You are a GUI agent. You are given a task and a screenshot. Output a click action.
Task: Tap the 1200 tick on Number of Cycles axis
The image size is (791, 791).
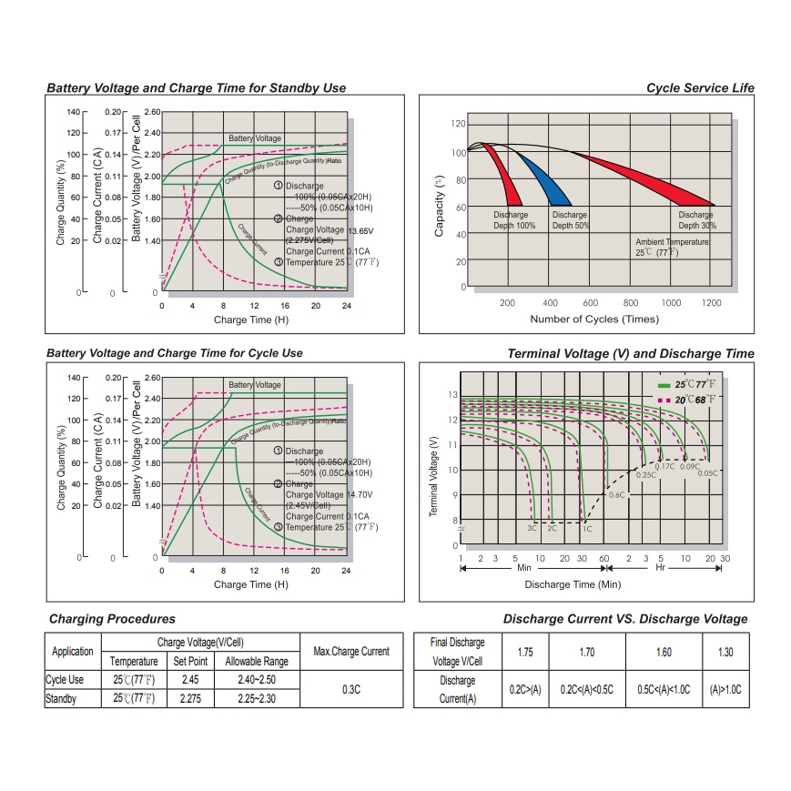tap(711, 303)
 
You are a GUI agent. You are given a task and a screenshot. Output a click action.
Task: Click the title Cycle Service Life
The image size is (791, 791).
tap(700, 88)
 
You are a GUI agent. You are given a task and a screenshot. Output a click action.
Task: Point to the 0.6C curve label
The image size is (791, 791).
tap(616, 494)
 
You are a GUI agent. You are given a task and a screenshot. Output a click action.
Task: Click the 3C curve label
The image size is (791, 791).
tap(532, 528)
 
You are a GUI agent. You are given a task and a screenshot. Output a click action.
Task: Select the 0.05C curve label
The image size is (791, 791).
tap(707, 473)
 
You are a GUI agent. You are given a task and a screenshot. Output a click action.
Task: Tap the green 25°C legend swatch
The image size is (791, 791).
tap(664, 385)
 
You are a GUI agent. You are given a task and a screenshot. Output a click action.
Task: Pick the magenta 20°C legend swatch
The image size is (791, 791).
tap(664, 400)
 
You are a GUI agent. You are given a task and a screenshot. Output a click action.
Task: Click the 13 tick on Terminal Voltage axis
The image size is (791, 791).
tap(452, 394)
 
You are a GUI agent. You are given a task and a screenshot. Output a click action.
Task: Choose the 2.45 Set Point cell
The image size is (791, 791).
tap(191, 680)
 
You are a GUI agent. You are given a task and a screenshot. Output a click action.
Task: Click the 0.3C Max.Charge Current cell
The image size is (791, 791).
tap(351, 689)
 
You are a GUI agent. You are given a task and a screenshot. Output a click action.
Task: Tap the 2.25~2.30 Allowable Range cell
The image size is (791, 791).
tap(257, 699)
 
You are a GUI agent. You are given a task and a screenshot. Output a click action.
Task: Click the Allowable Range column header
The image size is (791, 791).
tap(257, 662)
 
